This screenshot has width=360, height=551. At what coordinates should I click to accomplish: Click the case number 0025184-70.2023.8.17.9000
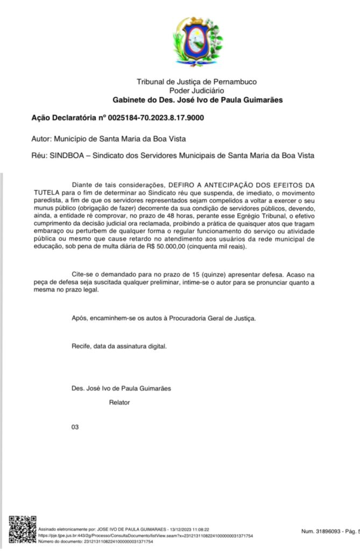[156, 117]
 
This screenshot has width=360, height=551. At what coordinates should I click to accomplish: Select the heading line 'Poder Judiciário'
[197, 91]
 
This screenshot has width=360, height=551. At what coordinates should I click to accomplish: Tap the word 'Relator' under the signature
[119, 402]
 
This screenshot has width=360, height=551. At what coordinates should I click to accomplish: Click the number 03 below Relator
[75, 427]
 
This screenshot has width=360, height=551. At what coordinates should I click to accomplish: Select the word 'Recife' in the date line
[81, 346]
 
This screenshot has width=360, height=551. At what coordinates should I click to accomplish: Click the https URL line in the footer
[145, 536]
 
